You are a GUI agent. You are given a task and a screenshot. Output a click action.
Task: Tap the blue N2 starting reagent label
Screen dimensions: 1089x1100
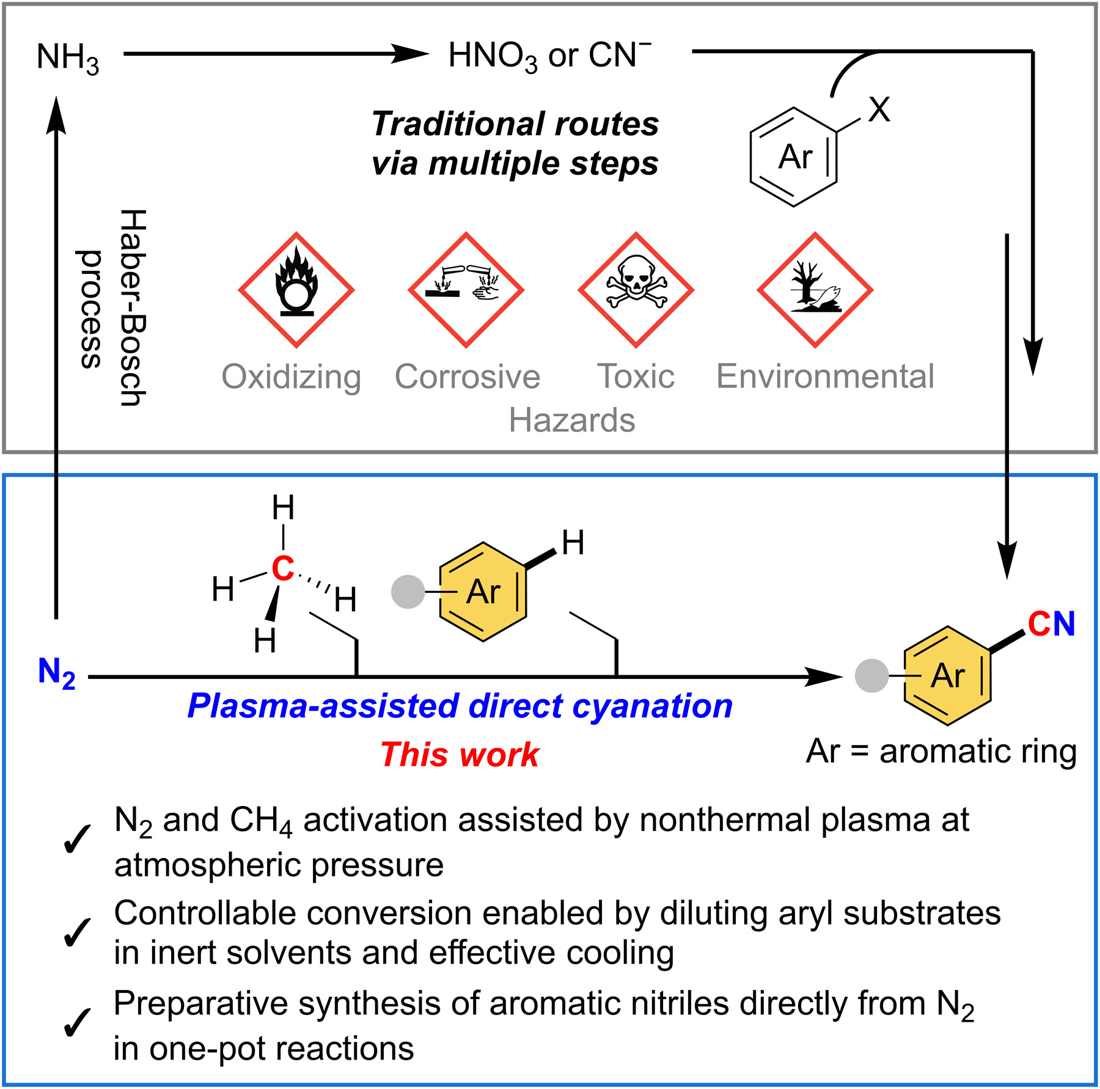(56, 673)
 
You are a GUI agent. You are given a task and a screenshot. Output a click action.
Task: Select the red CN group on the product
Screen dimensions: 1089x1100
(1051, 624)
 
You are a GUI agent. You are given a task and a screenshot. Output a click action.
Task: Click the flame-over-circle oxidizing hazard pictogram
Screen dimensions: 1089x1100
(296, 290)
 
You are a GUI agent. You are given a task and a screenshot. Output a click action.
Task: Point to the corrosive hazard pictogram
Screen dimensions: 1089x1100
(466, 290)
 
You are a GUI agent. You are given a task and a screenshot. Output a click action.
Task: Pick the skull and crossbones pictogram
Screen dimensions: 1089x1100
(636, 290)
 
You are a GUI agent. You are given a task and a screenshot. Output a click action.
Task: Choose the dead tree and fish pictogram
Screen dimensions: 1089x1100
(815, 290)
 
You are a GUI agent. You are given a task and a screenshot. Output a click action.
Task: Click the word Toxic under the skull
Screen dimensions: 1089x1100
(636, 376)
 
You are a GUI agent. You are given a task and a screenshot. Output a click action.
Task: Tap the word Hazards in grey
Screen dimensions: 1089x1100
(572, 420)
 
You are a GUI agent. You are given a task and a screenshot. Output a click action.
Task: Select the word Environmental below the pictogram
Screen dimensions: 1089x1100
(825, 376)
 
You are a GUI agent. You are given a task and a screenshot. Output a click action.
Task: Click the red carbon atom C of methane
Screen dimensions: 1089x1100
(283, 568)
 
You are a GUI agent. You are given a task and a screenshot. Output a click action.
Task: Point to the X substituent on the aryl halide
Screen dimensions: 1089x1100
(879, 110)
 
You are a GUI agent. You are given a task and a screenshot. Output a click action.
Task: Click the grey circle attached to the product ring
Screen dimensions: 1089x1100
(872, 676)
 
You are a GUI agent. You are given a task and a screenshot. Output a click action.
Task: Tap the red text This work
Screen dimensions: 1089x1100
(460, 754)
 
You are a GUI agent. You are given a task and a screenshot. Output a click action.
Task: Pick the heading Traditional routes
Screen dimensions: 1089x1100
(515, 124)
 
